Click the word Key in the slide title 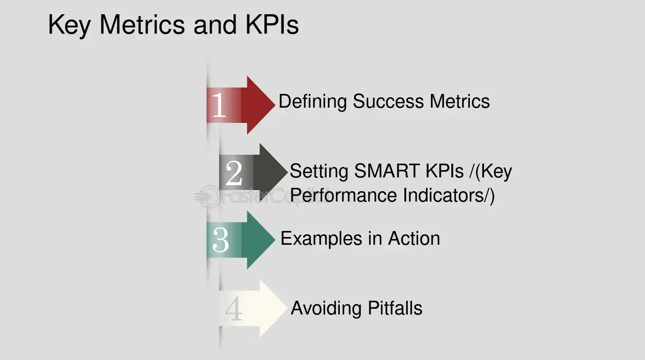point(69,25)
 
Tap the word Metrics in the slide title point(143,25)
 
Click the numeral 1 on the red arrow point(219,105)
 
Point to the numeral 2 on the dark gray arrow point(234,174)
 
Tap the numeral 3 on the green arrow point(220,240)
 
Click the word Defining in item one point(313,102)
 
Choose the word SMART point(386,171)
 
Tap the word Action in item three point(414,238)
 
